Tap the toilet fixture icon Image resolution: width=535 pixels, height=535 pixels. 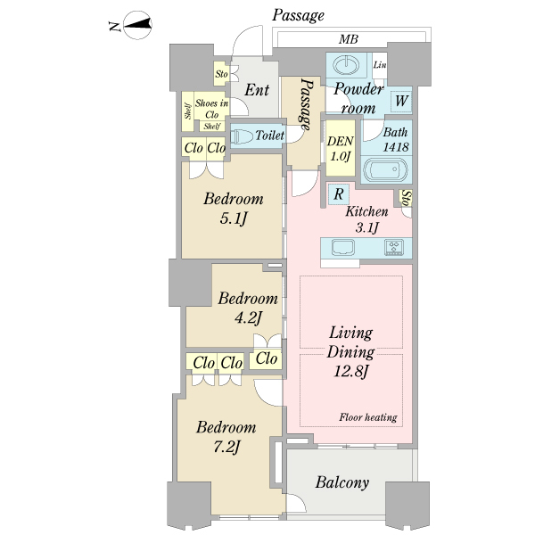(242, 136)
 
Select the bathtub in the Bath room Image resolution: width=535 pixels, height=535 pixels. (385, 169)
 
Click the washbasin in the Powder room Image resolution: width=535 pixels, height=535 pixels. (346, 64)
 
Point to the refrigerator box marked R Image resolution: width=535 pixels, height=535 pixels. (339, 194)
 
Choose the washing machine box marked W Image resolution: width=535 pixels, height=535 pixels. (401, 101)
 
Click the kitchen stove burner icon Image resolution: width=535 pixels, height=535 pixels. (394, 247)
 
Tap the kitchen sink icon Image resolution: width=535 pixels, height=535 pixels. (343, 247)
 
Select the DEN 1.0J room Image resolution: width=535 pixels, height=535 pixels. (341, 148)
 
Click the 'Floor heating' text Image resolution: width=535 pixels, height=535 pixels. (368, 417)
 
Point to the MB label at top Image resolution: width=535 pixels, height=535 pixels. (349, 39)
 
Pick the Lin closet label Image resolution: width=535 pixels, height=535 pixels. (380, 64)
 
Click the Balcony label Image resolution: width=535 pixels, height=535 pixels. (342, 482)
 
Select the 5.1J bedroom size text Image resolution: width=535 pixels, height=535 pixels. (234, 218)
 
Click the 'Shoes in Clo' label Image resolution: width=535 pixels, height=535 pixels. (212, 109)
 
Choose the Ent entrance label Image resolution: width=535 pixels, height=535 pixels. (257, 90)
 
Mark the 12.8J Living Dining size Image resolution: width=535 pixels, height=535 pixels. (351, 371)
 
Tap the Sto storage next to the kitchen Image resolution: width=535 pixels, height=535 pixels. (407, 198)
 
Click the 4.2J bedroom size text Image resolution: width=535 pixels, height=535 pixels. (249, 318)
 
